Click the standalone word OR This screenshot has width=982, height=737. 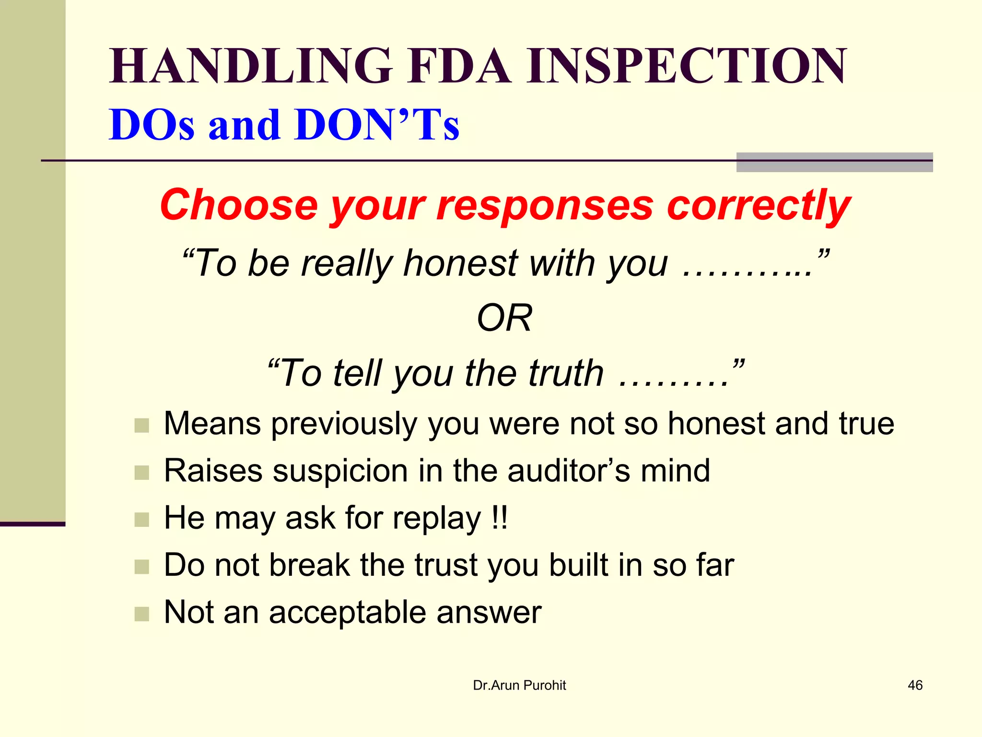click(x=504, y=318)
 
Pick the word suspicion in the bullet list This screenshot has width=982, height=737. click(x=340, y=471)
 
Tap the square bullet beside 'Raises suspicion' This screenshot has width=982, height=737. click(x=142, y=473)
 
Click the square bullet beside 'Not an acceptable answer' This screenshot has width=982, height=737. click(x=142, y=614)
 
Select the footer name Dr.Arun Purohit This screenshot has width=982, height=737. click(x=519, y=685)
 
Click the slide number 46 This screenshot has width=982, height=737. click(x=915, y=685)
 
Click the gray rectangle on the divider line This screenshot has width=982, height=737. click(x=834, y=162)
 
